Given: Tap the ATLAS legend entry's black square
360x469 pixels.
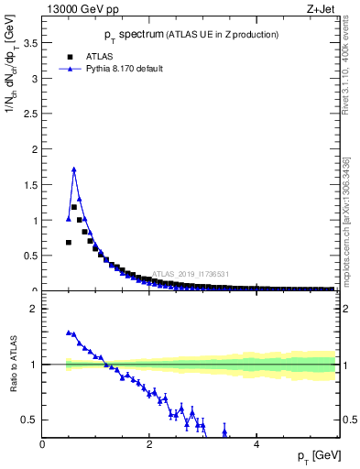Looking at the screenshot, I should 69,54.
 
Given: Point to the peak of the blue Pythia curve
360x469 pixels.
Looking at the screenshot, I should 74,169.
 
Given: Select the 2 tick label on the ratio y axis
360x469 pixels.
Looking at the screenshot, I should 34,309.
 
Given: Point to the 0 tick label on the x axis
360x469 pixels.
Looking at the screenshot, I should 43,443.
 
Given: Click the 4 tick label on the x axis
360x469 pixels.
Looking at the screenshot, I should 256,443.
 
